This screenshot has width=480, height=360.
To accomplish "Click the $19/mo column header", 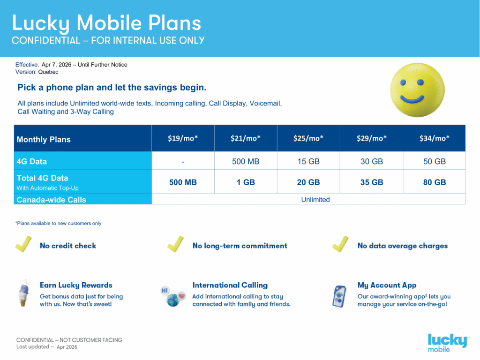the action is coord(183,138).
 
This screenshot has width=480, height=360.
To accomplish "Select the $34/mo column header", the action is coord(435,138).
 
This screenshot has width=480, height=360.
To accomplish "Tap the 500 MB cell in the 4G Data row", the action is coord(246,161).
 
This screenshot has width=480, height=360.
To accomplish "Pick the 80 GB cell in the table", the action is coord(435,182).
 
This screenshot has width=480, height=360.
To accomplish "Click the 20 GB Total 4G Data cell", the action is coord(308,182).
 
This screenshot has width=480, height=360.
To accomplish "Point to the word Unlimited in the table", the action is coord(315,200).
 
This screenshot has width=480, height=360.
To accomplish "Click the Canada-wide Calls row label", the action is coord(52,200).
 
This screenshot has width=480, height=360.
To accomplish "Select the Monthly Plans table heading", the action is coord(44,140).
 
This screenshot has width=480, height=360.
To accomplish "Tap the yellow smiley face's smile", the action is coord(412,99).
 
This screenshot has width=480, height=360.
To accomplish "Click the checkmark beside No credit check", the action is coord(23,244).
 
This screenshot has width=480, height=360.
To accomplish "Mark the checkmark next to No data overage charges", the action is coord(340,244).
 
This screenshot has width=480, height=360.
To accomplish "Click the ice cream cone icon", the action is coord(23,293).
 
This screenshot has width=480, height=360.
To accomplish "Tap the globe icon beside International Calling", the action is coord(173,296).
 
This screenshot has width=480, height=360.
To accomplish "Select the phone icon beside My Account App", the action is coord(339,296).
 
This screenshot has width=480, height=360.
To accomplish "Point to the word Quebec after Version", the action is coord(48,72).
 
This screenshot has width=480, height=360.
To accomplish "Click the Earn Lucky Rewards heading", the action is coord(76,285).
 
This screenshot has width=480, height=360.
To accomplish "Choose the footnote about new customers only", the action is coord(58,224).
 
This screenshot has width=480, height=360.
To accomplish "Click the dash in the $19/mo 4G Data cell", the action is coord(183,162).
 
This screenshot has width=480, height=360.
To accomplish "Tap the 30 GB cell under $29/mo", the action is coord(372,161).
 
